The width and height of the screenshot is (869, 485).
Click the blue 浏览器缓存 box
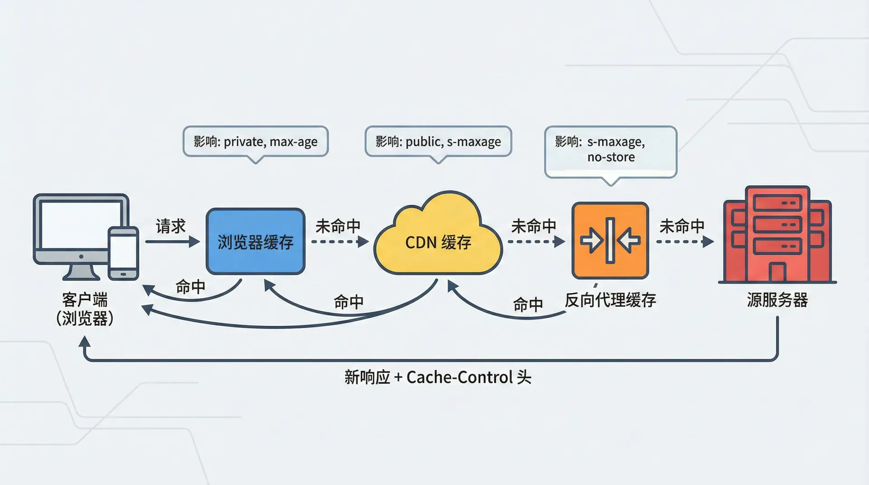255,241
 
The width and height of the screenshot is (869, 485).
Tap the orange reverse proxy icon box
610,240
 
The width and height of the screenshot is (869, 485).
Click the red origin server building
777,235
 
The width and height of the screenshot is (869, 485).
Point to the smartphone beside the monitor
123,253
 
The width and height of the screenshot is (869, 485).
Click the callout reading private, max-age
255,142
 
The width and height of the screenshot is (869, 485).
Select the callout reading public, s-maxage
438,142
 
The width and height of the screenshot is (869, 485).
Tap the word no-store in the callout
611,157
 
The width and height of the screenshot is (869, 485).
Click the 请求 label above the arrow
171,226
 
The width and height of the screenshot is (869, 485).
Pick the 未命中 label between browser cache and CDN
338,226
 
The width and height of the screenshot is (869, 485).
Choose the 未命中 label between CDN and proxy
534,226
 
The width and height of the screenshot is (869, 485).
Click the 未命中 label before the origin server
682,226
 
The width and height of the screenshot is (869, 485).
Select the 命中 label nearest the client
191,287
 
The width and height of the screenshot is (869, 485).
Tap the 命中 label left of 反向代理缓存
528,304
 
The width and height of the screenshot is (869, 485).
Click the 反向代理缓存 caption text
610,300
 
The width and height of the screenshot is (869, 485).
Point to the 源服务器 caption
777,300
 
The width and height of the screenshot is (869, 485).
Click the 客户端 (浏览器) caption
85,309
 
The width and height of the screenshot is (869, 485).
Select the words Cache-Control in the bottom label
459,377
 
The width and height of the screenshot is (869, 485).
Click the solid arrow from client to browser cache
172,242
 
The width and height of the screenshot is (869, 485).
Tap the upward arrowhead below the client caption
85,343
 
